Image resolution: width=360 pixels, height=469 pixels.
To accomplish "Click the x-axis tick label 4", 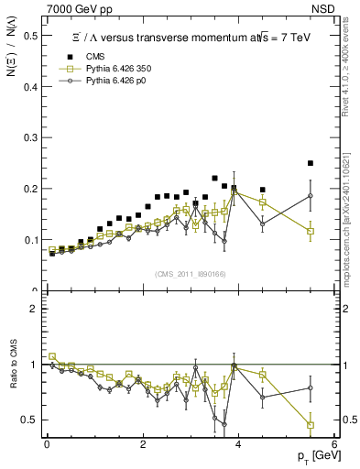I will (238, 442).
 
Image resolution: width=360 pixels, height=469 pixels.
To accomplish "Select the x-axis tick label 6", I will (334, 442).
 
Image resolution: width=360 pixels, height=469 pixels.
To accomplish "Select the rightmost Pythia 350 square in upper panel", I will (311, 231).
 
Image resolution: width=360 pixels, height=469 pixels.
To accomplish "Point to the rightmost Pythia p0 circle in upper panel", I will (311, 195).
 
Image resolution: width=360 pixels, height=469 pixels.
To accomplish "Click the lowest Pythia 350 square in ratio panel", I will (311, 425).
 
